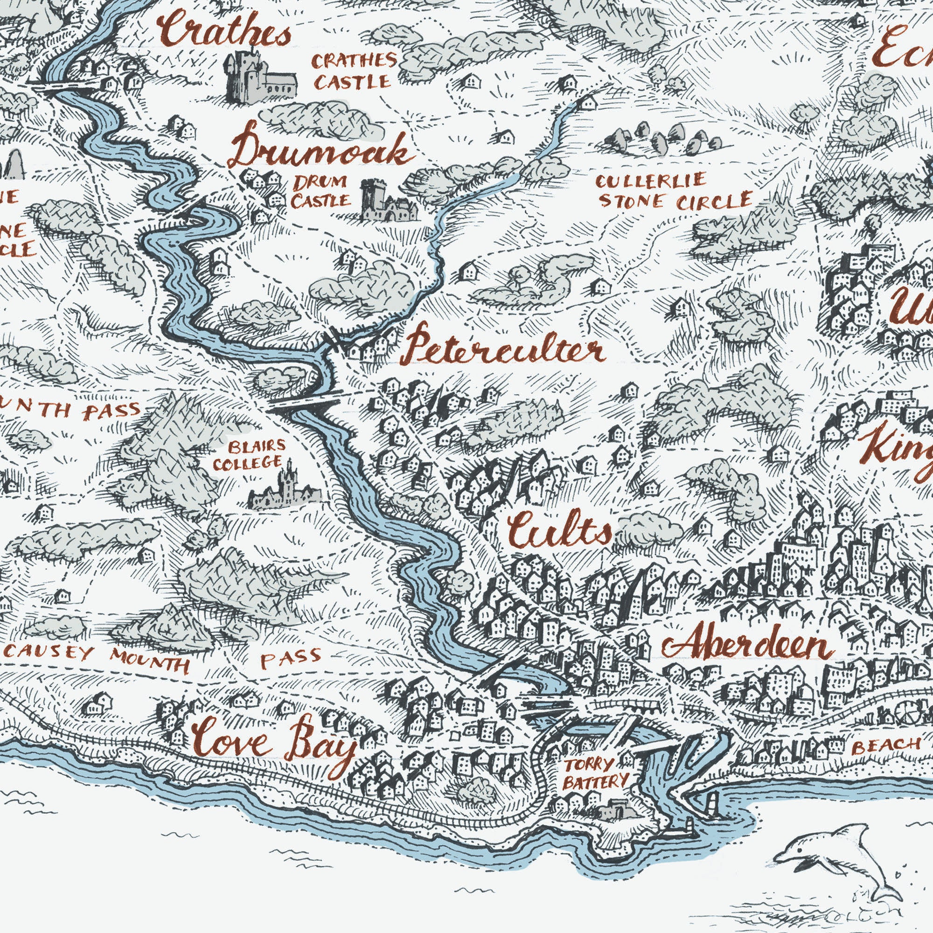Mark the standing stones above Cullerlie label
[x=661, y=138]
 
